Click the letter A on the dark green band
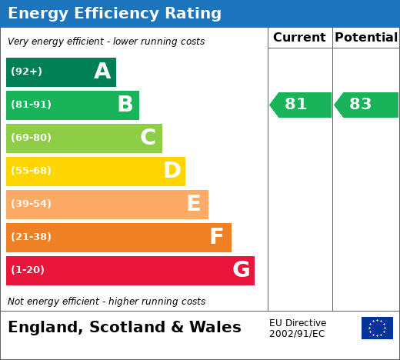tap(102, 71)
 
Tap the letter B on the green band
tap(125, 104)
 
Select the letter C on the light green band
tap(148, 137)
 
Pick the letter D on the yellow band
tap(172, 170)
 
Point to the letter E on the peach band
tap(194, 203)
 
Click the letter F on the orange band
tap(217, 236)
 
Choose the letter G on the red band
tap(242, 269)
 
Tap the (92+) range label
tap(26, 72)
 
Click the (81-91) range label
tap(31, 105)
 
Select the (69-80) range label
tap(31, 138)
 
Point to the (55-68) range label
tap(31, 171)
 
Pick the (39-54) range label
tap(31, 204)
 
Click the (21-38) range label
tap(31, 237)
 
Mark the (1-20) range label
tap(28, 270)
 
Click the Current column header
tap(299, 38)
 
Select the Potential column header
tap(366, 38)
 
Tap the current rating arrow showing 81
tap(300, 105)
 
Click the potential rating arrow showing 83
tap(366, 105)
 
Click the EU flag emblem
tap(377, 328)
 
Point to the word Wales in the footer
tap(215, 327)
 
